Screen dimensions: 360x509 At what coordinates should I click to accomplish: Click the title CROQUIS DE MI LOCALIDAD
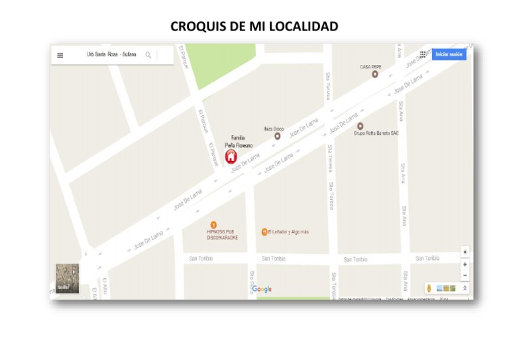coord(254,27)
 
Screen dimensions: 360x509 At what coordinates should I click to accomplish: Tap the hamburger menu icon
coord(60,55)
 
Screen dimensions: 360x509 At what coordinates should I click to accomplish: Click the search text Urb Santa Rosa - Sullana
coord(111,54)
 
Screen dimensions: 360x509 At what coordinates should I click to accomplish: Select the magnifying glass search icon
coord(148,55)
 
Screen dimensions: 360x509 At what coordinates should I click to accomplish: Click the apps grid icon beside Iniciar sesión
coord(423,54)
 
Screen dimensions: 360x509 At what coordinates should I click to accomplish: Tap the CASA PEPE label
coord(370,67)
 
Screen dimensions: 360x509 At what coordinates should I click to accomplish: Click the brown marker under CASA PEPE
coord(374,74)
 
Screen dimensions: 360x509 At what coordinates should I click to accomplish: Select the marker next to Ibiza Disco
coord(277,136)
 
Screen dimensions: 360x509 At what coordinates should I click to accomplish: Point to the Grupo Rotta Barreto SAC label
coord(376,133)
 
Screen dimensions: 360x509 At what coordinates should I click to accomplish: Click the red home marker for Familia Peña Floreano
coord(231,156)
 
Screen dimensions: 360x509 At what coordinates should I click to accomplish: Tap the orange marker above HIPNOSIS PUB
coord(213,225)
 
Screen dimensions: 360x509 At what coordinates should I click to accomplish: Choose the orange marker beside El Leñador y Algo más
coord(264,232)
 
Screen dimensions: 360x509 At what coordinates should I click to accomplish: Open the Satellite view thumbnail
coord(67,278)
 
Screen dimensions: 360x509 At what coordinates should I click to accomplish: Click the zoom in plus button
coord(465,264)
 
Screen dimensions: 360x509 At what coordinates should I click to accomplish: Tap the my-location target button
coord(465,252)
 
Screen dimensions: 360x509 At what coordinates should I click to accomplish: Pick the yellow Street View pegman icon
coord(429,288)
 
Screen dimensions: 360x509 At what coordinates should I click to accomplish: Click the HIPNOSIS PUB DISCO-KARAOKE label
coord(222,235)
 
